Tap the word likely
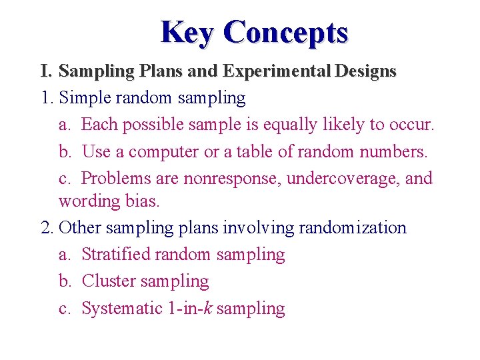(343, 125)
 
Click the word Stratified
(115, 254)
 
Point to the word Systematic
(123, 308)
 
